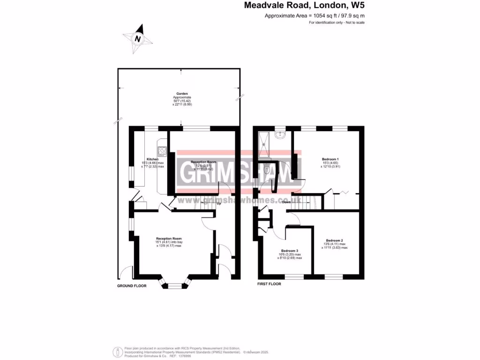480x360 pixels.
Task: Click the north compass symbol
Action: [137, 39]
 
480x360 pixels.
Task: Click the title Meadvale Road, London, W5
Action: [304, 6]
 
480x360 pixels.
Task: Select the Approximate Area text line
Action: [315, 16]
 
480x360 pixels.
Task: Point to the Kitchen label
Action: [152, 159]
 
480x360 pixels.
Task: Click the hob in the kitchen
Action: [162, 150]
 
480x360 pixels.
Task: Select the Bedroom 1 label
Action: [330, 158]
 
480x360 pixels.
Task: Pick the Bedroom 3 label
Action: [289, 250]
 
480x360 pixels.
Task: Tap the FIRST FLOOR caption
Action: [269, 284]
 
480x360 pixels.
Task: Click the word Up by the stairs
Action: [218, 203]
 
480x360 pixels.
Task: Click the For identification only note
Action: [337, 22]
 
